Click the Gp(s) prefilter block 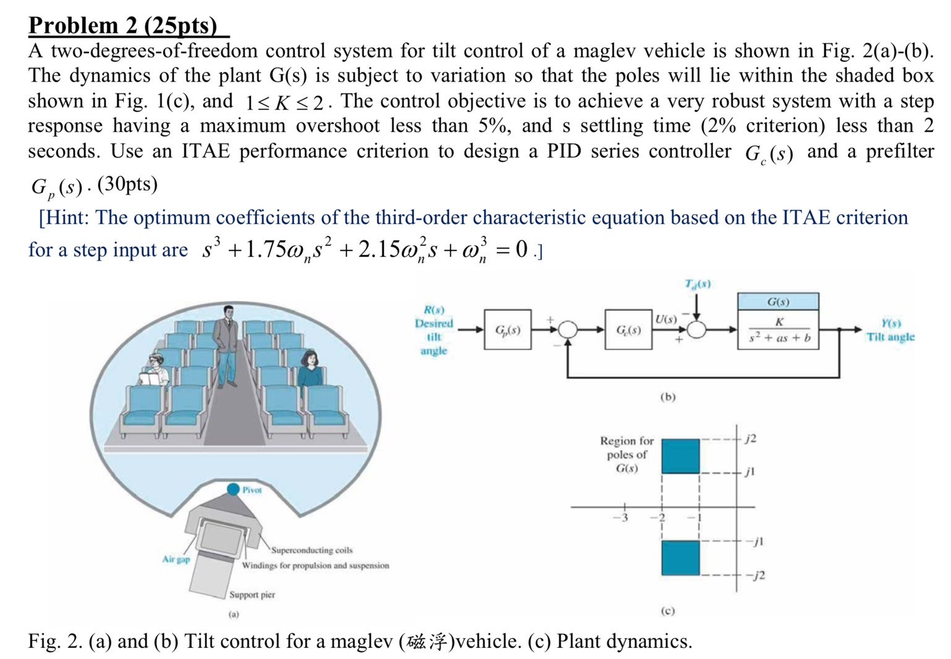507,330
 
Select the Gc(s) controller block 628,330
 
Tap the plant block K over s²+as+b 778,330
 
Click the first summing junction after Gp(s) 567,330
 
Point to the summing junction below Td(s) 697,330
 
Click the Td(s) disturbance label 697,284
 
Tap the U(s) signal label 666,319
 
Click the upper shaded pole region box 681,456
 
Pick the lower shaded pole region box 681,558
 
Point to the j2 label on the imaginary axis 750,439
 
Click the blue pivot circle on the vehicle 233,489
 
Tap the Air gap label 176,559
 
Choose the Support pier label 252,595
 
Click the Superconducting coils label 312,549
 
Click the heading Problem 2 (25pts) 124,25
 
